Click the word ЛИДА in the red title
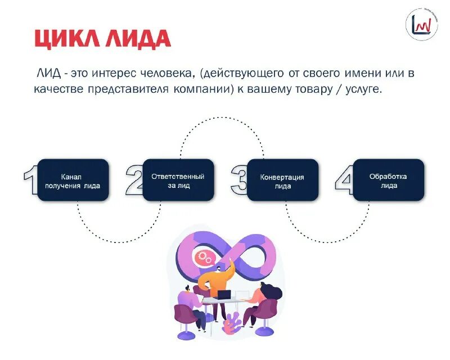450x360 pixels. [x=135, y=39]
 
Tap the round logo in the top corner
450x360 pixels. [x=422, y=25]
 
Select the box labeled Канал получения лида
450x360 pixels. [x=73, y=180]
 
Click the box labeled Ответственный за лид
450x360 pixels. [x=178, y=180]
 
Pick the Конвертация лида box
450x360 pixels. [x=282, y=180]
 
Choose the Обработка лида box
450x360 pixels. [x=388, y=180]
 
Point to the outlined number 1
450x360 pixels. [x=31, y=179]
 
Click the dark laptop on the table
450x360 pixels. [x=224, y=294]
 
